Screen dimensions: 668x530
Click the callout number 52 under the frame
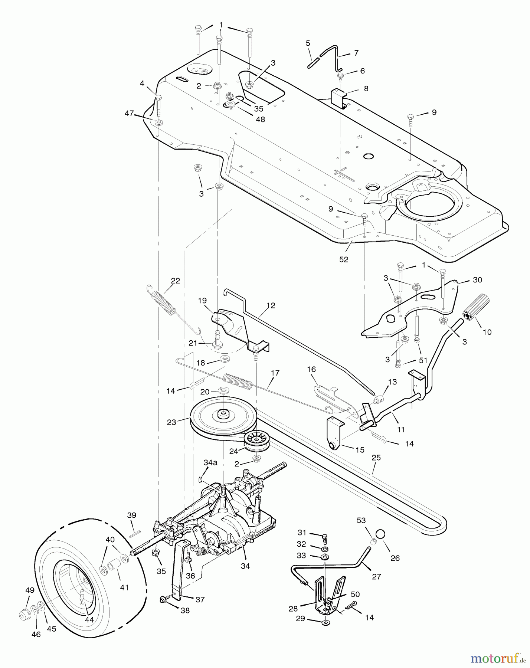click(x=344, y=259)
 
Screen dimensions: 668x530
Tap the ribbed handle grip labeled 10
click(x=476, y=306)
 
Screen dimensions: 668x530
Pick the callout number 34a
click(x=210, y=462)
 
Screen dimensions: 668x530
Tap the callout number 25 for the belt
click(x=376, y=458)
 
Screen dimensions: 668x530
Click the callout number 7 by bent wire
click(x=356, y=53)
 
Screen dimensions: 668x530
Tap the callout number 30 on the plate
click(x=477, y=279)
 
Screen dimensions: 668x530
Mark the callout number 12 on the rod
click(x=271, y=305)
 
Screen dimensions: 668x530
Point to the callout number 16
click(x=311, y=369)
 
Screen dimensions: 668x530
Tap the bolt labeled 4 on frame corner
click(x=158, y=99)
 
